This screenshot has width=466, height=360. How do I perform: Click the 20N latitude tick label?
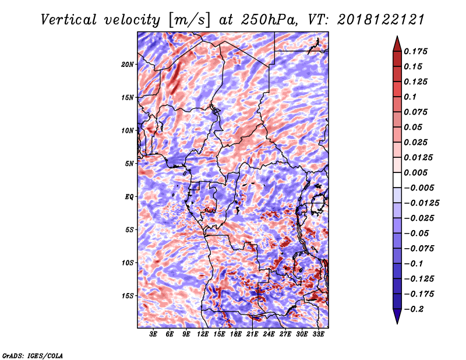128,65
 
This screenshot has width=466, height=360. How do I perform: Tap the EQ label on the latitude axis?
129,197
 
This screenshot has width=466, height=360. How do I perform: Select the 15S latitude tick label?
128,296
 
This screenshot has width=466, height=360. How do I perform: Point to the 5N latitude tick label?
129,164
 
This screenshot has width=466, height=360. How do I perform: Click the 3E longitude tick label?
153,334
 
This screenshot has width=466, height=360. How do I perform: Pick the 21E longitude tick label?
252,334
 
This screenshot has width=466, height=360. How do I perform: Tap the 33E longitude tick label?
318,334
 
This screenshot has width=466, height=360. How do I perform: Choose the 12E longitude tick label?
203,334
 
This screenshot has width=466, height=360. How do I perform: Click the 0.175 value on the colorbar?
415,51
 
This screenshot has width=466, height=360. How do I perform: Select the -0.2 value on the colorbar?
414,309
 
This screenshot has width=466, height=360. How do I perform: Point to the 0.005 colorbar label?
415,172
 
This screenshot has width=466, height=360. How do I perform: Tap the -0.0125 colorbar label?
421,203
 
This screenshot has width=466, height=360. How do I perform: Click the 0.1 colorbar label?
410,97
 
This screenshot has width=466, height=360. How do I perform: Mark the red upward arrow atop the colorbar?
397,44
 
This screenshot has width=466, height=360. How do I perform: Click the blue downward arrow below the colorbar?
397,316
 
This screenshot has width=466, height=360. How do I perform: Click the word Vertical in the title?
69,20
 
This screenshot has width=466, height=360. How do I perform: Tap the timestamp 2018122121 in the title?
381,20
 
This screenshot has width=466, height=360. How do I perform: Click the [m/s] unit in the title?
189,20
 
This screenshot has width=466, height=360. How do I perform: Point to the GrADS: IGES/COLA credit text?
33,355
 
